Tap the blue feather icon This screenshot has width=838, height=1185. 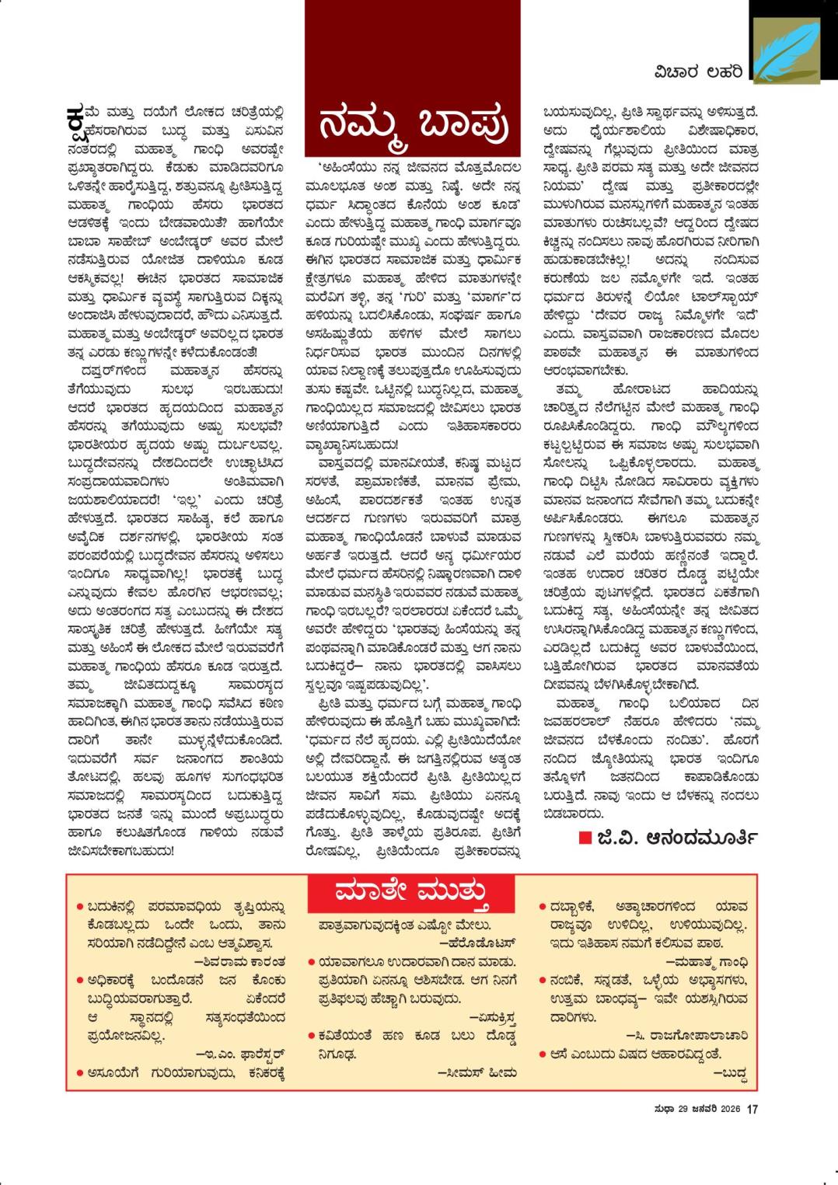click(785, 51)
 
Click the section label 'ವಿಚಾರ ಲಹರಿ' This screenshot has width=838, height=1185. click(697, 72)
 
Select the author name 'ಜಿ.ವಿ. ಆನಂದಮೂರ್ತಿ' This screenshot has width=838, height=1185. click(677, 838)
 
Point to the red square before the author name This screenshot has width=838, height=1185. click(585, 838)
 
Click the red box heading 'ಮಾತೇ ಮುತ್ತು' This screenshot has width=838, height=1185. click(411, 893)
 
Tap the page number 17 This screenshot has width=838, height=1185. click(752, 1109)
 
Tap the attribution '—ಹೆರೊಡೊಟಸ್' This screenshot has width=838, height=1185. click(478, 943)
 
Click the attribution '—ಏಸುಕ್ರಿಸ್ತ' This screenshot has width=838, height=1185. click(493, 1017)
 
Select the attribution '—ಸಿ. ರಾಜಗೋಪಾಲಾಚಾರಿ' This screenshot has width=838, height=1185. click(686, 1036)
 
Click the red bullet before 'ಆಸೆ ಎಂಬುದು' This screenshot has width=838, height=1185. click(543, 1054)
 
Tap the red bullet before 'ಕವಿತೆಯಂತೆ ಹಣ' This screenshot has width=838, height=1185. click(311, 1036)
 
